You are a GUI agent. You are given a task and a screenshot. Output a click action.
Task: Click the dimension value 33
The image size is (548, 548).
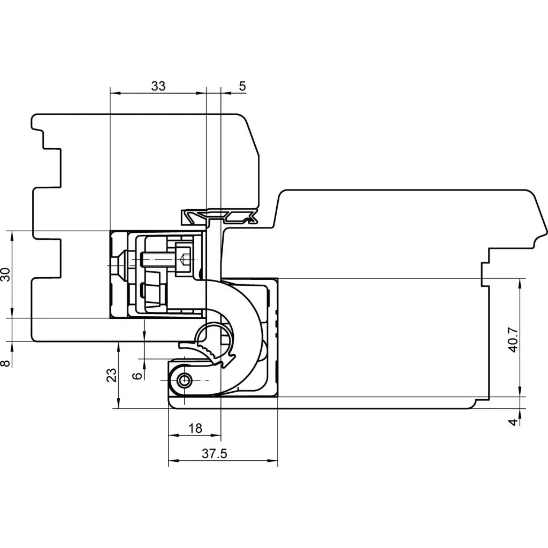click(158, 86)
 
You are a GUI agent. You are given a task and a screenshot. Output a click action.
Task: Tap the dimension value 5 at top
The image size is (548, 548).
click(242, 86)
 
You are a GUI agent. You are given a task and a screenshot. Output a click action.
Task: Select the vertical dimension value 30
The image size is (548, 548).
click(6, 275)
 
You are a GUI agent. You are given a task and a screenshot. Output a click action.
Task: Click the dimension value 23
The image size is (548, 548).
click(111, 375)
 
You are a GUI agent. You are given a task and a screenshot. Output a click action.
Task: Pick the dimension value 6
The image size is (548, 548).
click(138, 376)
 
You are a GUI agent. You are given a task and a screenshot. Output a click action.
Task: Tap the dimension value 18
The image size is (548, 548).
click(195, 428)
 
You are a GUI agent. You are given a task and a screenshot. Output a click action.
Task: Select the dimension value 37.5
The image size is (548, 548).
click(215, 454)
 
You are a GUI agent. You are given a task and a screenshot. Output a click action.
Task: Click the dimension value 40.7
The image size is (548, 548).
click(513, 340)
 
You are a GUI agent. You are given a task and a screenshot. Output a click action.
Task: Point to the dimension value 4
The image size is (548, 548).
click(512, 422)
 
